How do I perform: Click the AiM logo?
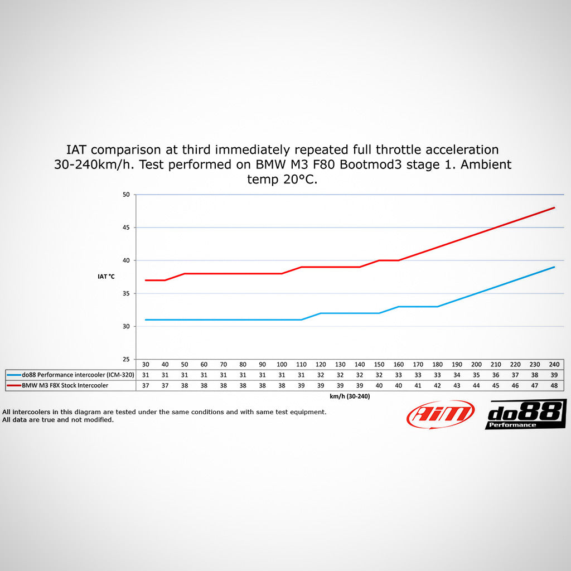pyautogui.click(x=441, y=414)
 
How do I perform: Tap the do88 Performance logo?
pyautogui.click(x=525, y=414)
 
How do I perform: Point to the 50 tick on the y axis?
pyautogui.click(x=125, y=195)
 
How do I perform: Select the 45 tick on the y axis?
pyautogui.click(x=125, y=228)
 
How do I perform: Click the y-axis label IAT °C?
pyautogui.click(x=106, y=277)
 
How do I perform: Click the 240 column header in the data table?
pyautogui.click(x=554, y=364)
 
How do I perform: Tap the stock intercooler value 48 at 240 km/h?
pyautogui.click(x=554, y=385)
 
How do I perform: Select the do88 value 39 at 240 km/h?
pyautogui.click(x=554, y=375)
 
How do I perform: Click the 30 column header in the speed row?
pyautogui.click(x=146, y=364)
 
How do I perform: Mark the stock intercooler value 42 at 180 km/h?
pyautogui.click(x=437, y=385)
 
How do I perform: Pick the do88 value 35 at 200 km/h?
pyautogui.click(x=476, y=375)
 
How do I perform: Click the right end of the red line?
pyautogui.click(x=554, y=207)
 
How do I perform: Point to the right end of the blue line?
pyautogui.click(x=554, y=267)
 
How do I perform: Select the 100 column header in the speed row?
pyautogui.click(x=282, y=364)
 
